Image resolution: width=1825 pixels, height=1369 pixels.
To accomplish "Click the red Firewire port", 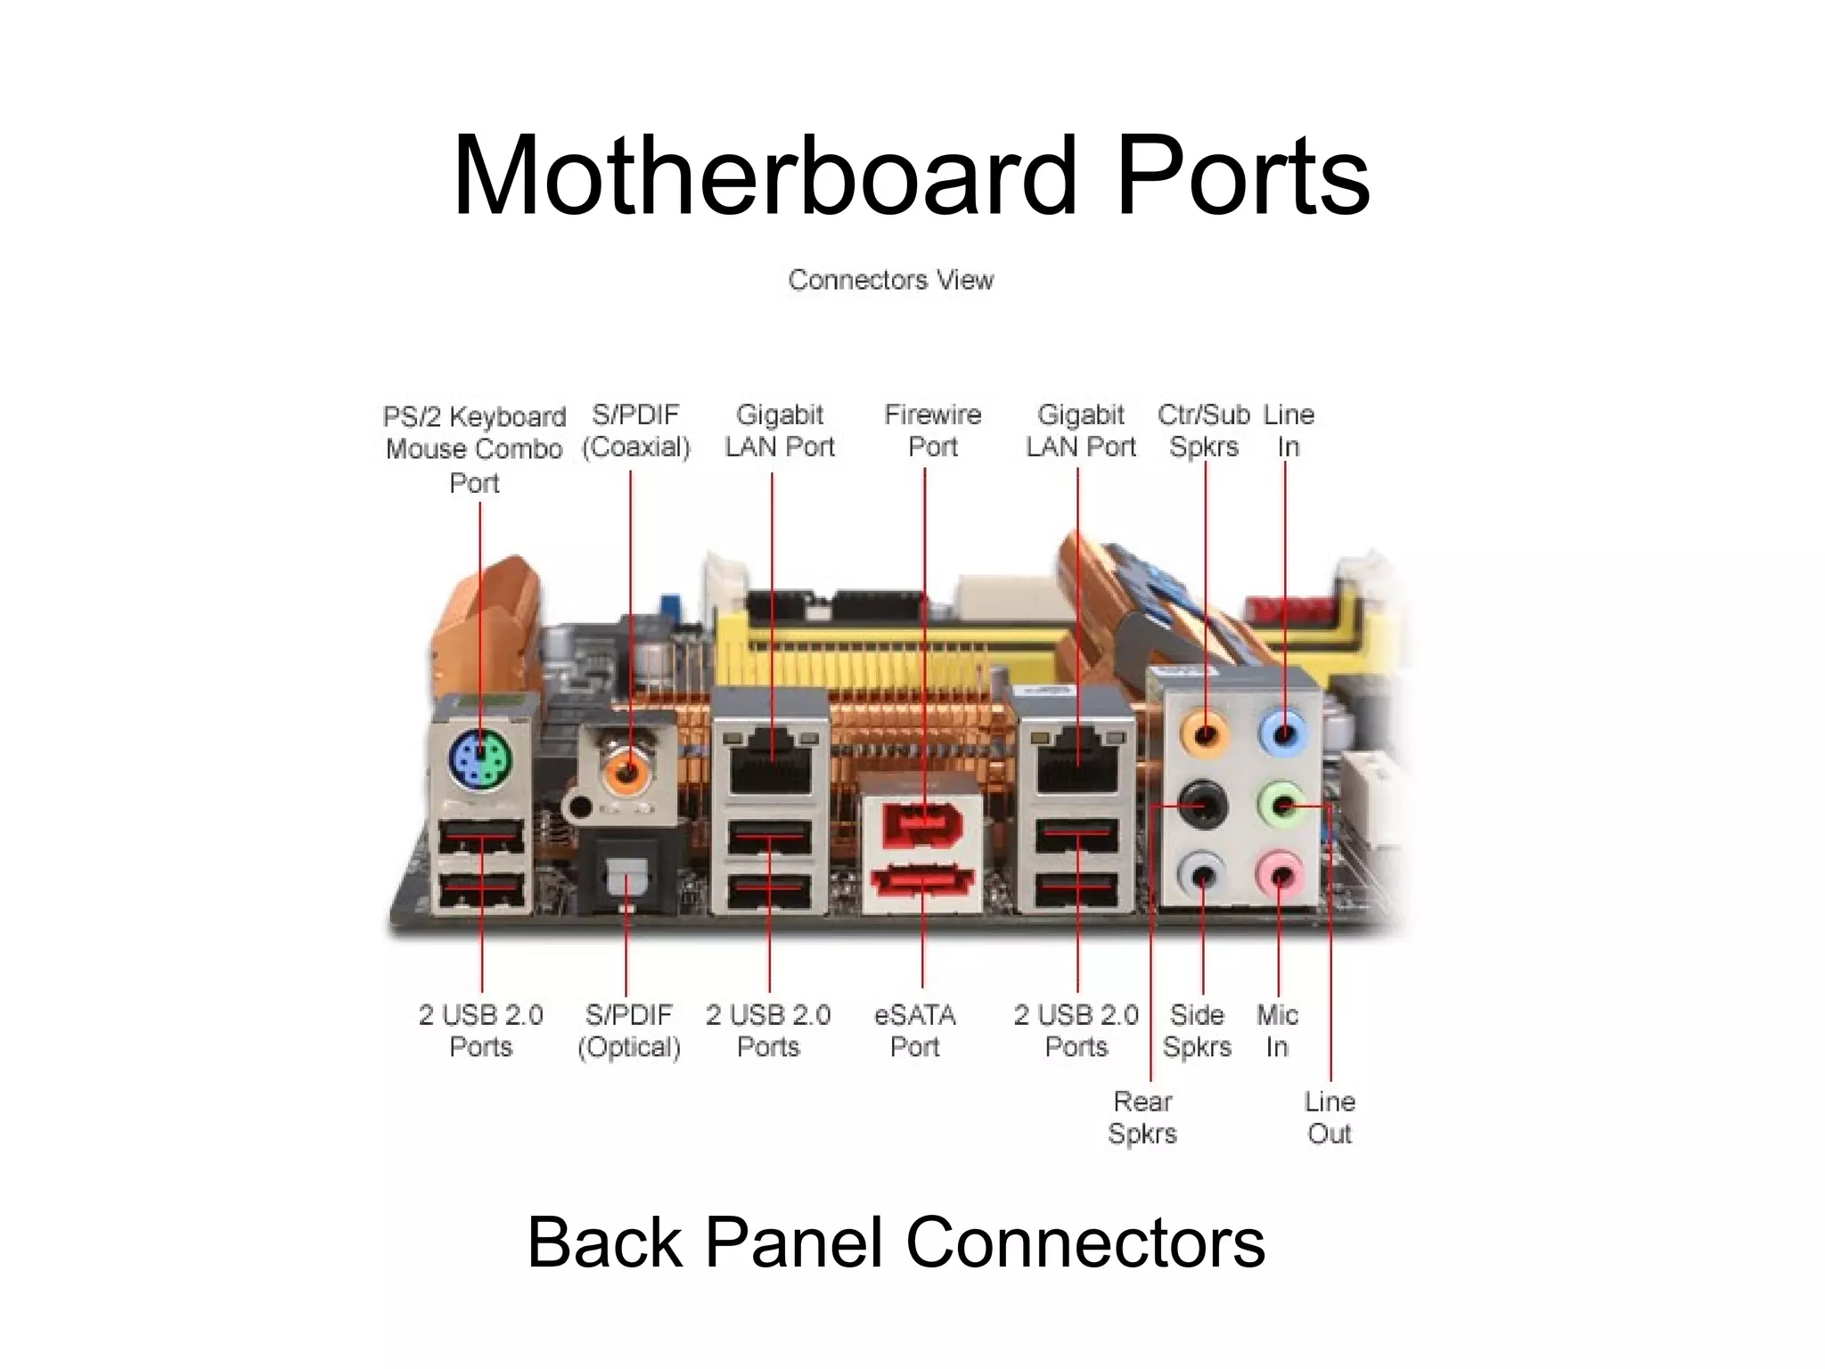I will pyautogui.click(x=924, y=824).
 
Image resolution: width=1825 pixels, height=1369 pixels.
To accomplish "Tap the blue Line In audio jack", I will pyautogui.click(x=1284, y=734).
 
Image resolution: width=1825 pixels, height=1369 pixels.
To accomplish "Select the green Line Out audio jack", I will pyautogui.click(x=1282, y=805).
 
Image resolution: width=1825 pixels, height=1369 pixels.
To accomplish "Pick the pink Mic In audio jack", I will pyautogui.click(x=1280, y=875).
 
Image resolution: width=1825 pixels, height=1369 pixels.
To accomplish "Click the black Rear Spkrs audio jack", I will pyautogui.click(x=1203, y=806).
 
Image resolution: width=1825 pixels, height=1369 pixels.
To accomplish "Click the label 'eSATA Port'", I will pyautogui.click(x=915, y=1030).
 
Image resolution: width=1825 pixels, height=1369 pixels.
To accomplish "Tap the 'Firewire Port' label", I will pyautogui.click(x=932, y=430).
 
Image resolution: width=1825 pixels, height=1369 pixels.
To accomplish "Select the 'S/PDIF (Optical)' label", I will pyautogui.click(x=629, y=1030).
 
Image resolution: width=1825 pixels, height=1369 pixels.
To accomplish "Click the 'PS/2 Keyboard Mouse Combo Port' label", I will pyautogui.click(x=474, y=448).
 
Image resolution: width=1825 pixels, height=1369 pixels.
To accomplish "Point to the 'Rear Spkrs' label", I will pyautogui.click(x=1142, y=1118).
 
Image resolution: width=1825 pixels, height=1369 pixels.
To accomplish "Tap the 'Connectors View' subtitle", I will pyautogui.click(x=890, y=280).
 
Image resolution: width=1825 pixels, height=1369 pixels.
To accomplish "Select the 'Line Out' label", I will pyautogui.click(x=1330, y=1118).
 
